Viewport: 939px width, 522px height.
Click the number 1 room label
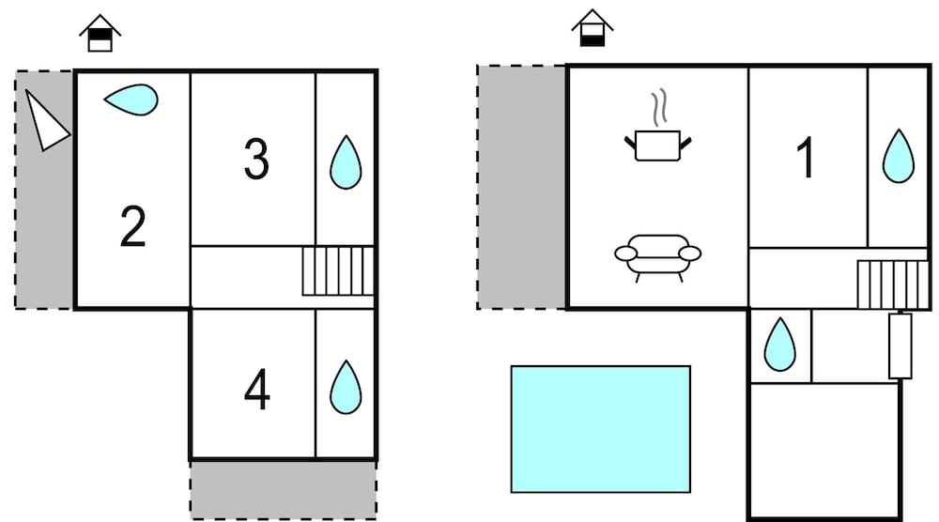tap(806, 158)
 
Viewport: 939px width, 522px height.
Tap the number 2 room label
tap(132, 226)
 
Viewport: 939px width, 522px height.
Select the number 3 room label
tap(256, 159)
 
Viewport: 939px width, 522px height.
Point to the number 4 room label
tap(257, 389)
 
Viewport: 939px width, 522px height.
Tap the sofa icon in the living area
tap(657, 257)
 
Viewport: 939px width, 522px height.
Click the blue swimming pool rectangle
tap(601, 429)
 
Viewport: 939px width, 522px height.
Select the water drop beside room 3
tap(346, 162)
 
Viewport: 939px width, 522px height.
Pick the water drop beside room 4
tap(346, 388)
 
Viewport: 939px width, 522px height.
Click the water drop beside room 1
tap(899, 156)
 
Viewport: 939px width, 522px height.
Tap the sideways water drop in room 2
tap(131, 100)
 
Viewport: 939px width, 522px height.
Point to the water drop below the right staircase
tap(779, 345)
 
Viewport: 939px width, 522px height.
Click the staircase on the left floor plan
tap(338, 271)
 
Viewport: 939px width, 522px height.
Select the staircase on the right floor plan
tap(892, 284)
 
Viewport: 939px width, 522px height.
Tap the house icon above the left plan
tap(100, 34)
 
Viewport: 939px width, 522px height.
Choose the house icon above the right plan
tap(593, 28)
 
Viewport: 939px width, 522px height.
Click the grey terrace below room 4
tap(284, 490)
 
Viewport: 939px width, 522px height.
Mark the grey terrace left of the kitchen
tap(521, 188)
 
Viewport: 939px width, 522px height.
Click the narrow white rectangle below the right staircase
tap(901, 346)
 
